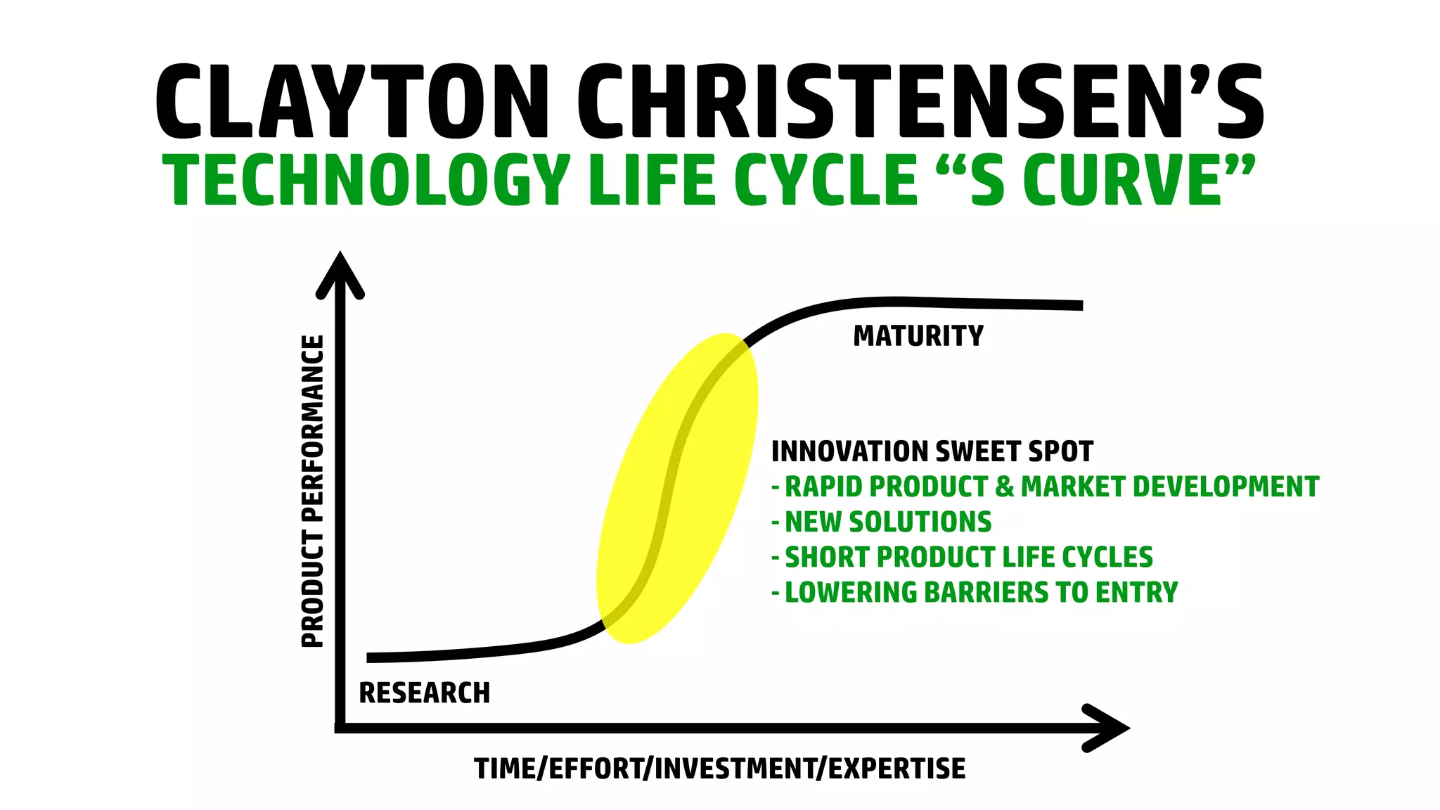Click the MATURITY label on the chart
click(918, 336)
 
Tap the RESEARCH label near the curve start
click(424, 693)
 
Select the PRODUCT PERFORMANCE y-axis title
click(313, 491)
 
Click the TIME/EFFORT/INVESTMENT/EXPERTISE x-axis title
click(719, 769)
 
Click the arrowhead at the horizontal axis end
click(1107, 728)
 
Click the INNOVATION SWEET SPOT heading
click(932, 451)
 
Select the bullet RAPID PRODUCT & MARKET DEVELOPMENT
click(1050, 487)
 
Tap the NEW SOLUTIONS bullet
click(887, 522)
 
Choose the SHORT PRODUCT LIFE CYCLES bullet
click(968, 557)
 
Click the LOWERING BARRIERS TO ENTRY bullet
click(980, 592)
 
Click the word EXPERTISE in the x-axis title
click(896, 769)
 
